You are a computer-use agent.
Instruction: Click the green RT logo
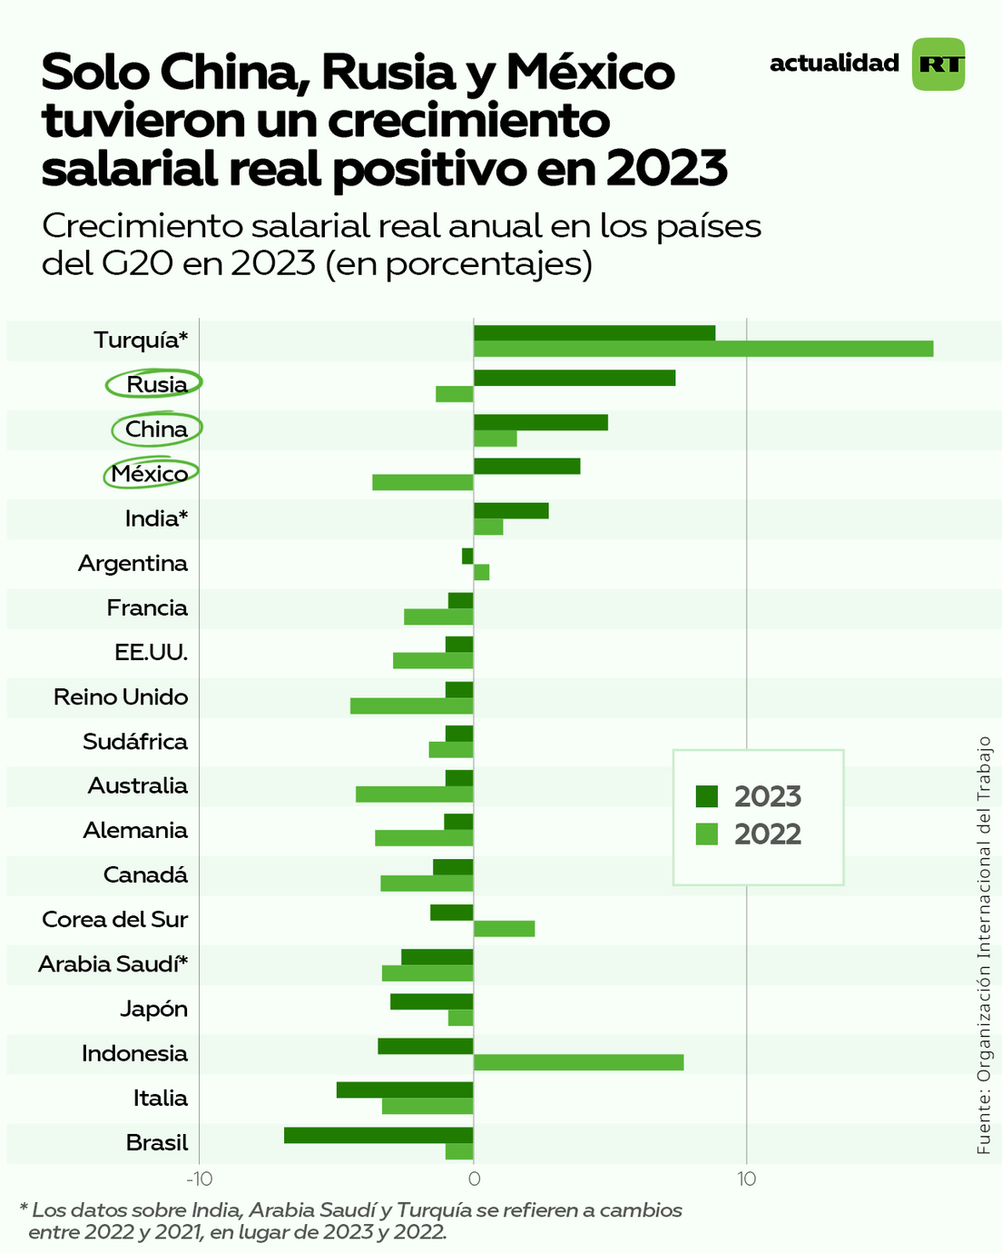click(x=938, y=64)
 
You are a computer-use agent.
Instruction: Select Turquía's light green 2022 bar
click(x=702, y=349)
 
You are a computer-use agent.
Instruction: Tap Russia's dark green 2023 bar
click(x=574, y=378)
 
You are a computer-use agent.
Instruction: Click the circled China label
click(x=156, y=429)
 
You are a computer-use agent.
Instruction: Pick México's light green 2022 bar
click(x=422, y=482)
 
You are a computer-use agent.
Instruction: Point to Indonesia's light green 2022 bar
click(x=578, y=1062)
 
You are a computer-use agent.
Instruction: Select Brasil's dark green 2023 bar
click(x=378, y=1135)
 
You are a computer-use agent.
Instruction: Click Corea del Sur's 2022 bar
click(x=504, y=928)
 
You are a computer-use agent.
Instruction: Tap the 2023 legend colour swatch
click(x=707, y=796)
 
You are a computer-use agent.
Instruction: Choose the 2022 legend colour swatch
click(x=707, y=834)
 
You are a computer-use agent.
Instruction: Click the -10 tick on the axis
click(x=199, y=1179)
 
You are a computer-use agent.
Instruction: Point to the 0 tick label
click(x=473, y=1179)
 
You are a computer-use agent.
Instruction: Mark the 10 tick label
click(x=746, y=1179)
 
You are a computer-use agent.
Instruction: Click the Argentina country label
click(x=133, y=563)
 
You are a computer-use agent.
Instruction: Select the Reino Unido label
click(x=121, y=697)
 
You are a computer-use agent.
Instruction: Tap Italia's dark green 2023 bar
click(x=405, y=1090)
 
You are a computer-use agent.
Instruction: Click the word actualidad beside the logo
click(x=834, y=64)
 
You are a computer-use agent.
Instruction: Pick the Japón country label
click(x=153, y=1009)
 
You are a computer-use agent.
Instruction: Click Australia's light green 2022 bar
click(x=414, y=794)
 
